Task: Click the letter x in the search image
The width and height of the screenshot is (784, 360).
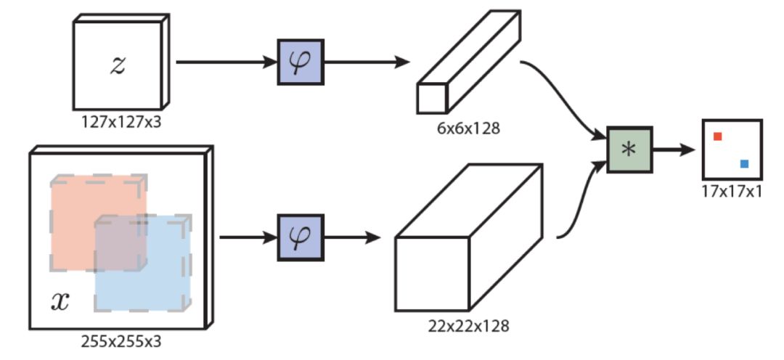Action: tap(60, 301)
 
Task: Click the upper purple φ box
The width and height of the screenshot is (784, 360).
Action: tap(299, 62)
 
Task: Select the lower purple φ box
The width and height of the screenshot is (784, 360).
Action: tap(300, 237)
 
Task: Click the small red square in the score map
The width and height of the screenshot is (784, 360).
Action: tap(717, 136)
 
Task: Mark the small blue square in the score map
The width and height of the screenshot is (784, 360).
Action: tap(744, 164)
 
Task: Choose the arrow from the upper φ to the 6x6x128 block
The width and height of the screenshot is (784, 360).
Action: tap(366, 62)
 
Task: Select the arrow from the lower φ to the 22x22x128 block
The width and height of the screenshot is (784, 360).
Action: tap(352, 237)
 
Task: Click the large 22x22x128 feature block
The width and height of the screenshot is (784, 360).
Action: tap(468, 240)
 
